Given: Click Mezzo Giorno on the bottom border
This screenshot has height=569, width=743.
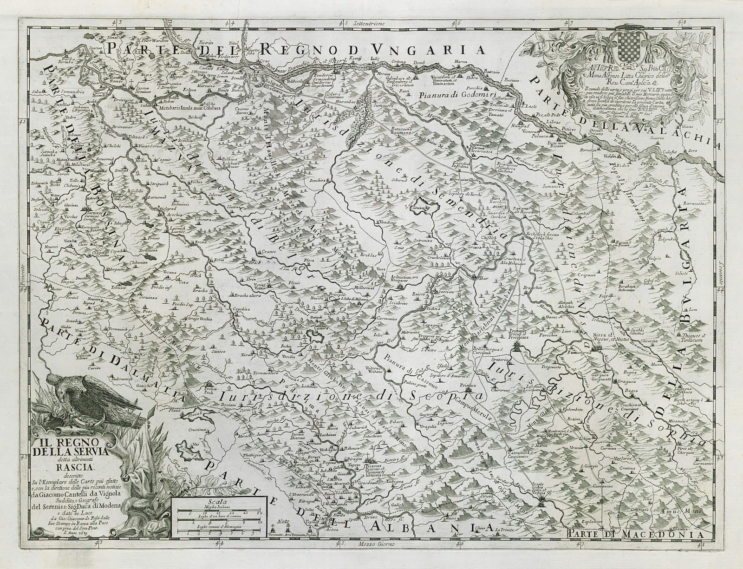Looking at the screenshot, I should [371, 557].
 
